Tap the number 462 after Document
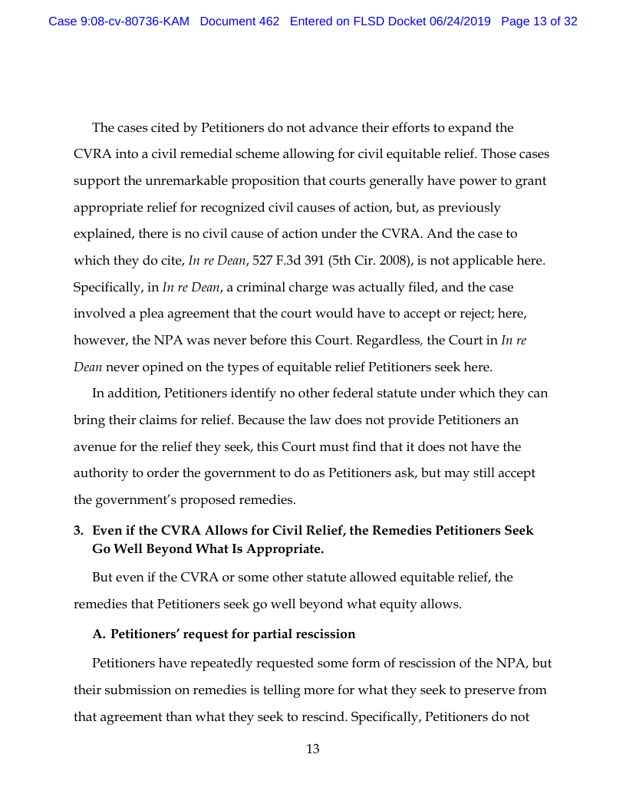coord(269,21)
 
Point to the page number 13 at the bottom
coord(313,749)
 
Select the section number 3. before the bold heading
coord(78,530)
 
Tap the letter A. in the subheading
coord(99,634)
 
